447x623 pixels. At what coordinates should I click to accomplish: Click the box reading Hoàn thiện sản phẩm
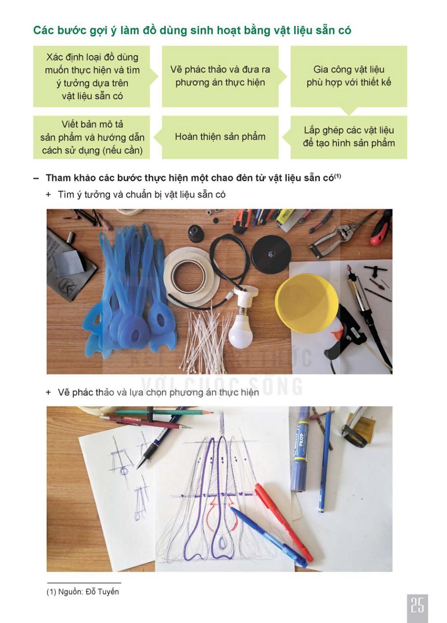tap(220, 137)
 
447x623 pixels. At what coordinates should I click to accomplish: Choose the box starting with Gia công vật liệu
tap(349, 76)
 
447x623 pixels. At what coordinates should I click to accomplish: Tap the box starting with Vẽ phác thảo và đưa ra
tap(220, 76)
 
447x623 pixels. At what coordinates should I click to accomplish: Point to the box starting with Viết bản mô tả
tap(92, 137)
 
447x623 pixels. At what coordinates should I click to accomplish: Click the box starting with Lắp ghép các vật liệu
tap(349, 137)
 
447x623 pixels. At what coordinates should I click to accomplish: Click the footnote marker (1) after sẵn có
tap(337, 176)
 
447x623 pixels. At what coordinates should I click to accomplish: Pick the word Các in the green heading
tap(43, 30)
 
